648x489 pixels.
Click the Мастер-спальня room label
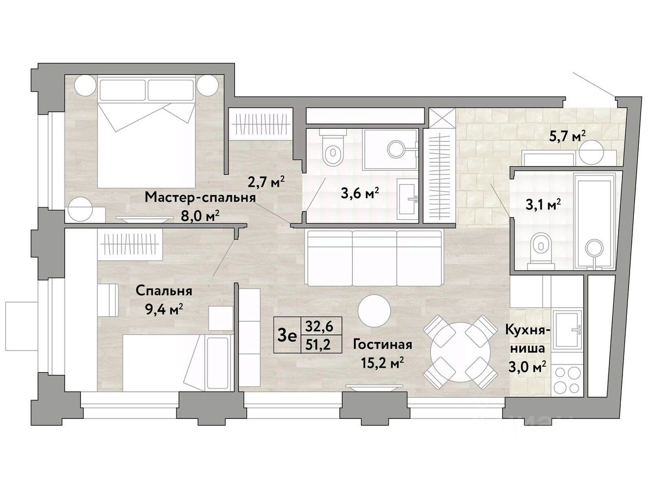tap(200, 197)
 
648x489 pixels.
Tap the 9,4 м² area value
tap(164, 309)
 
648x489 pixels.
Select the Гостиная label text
tap(383, 344)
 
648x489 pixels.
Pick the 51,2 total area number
tap(317, 344)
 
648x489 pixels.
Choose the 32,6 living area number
tap(317, 327)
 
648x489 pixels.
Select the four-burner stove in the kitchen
tap(567, 380)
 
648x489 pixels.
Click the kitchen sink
tap(568, 330)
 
